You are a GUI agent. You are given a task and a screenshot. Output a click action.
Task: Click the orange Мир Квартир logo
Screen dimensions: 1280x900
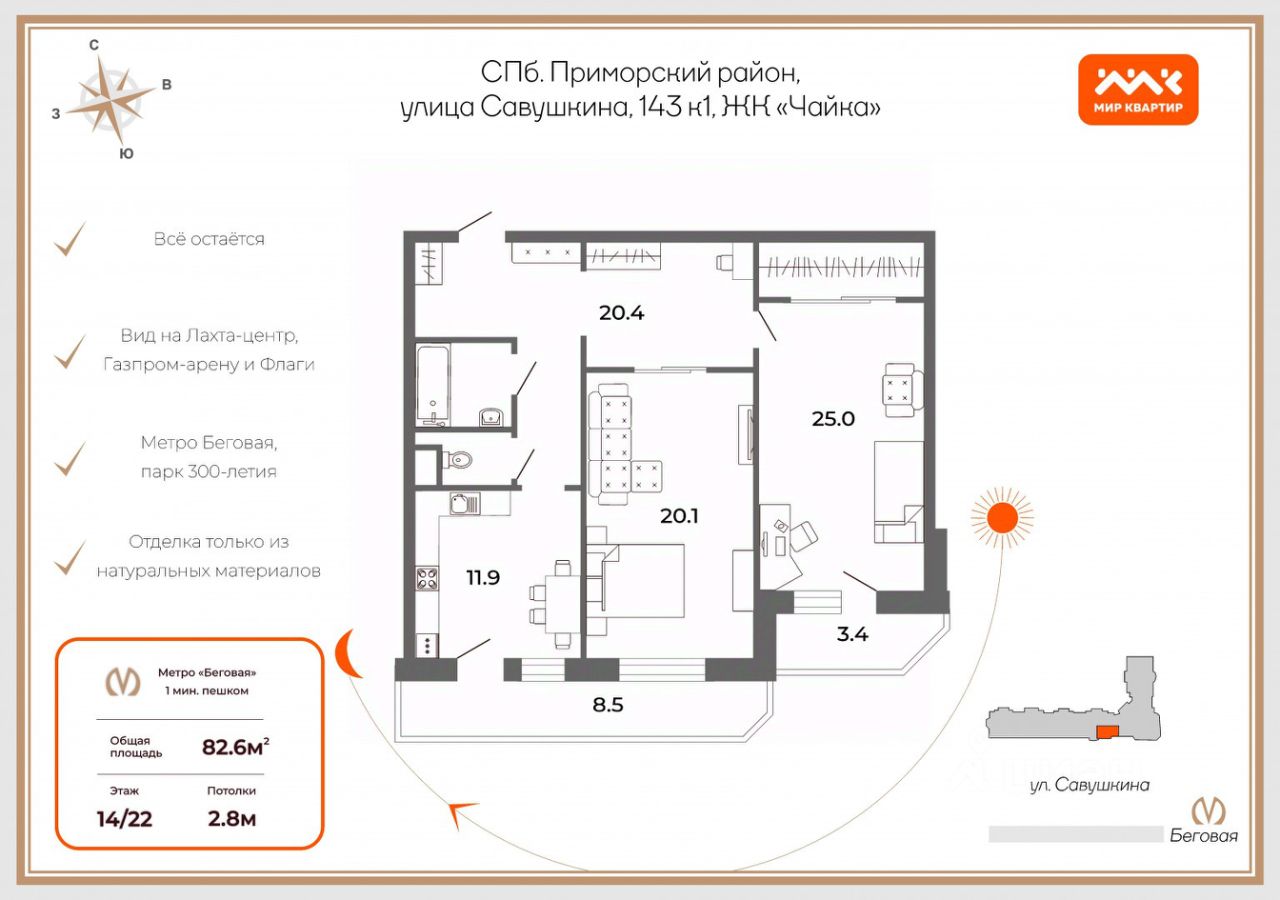tap(1138, 89)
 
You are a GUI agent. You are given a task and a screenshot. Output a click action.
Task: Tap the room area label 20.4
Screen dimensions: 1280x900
tap(621, 313)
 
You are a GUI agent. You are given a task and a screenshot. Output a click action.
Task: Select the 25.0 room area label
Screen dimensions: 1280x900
tap(833, 419)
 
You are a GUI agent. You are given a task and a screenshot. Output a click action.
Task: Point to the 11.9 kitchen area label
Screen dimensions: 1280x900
tap(483, 578)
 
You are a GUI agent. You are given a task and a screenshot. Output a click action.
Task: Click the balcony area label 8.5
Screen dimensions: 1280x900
tap(607, 705)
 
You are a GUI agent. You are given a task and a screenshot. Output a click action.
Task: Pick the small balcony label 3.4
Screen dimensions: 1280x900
tap(852, 634)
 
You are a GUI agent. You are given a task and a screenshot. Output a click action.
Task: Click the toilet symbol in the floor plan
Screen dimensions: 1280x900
tap(458, 459)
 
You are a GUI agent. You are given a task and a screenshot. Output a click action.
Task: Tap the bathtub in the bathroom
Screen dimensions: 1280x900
tap(433, 385)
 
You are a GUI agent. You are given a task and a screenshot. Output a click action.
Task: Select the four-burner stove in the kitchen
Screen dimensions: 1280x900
tap(426, 578)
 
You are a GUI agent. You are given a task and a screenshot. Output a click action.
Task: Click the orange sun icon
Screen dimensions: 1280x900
tap(1002, 518)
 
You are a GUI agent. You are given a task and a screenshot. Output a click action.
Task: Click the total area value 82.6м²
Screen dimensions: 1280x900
tap(235, 746)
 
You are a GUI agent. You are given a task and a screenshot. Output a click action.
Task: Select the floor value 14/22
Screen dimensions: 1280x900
tap(125, 819)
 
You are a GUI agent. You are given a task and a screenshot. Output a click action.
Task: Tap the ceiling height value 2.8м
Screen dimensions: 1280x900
tap(231, 819)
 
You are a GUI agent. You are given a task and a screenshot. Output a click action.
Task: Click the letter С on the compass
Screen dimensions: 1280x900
tap(94, 45)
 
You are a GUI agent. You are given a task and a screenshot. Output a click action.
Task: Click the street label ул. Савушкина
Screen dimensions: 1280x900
tap(1090, 785)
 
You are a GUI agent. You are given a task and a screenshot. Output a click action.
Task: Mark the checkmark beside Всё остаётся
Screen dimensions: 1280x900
tap(70, 239)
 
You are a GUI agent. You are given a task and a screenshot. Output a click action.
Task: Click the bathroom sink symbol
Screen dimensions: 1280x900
tap(491, 417)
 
